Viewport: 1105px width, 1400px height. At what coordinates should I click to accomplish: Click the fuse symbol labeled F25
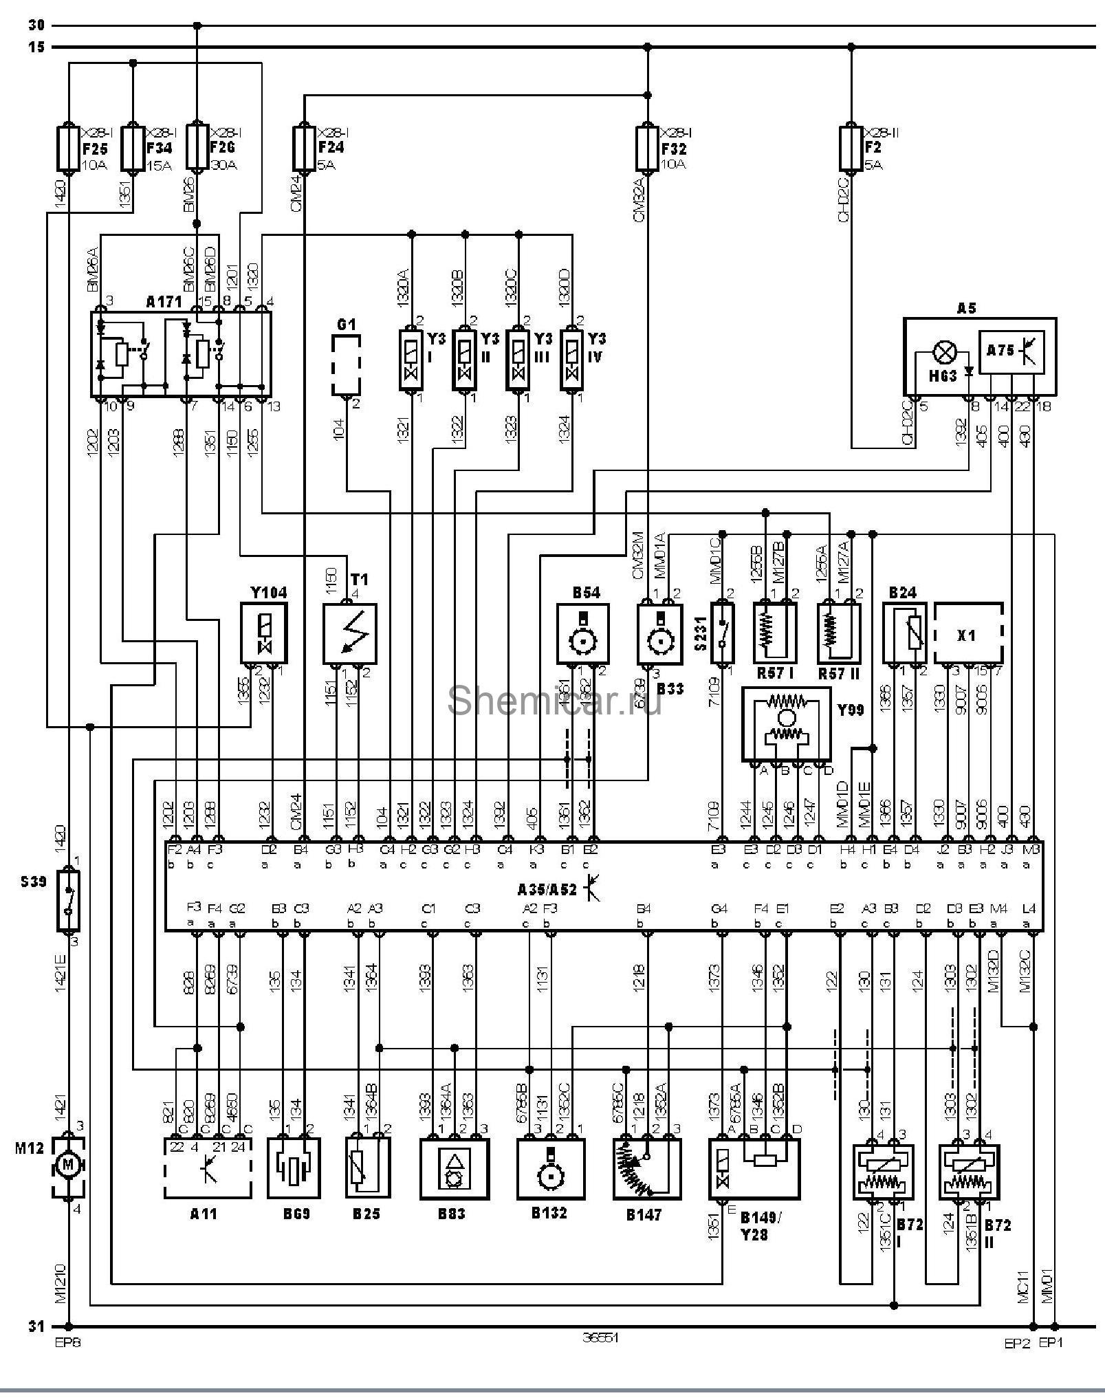click(x=69, y=147)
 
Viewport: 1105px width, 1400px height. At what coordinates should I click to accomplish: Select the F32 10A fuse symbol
click(x=646, y=147)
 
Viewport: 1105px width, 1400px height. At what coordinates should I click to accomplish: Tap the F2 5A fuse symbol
click(x=851, y=147)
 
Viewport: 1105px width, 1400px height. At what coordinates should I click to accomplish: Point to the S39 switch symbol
click(x=68, y=901)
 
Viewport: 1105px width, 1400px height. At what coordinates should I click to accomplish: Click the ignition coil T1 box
click(x=350, y=633)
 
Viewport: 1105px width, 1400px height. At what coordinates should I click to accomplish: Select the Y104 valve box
click(x=263, y=633)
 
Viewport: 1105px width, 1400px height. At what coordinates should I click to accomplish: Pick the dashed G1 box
click(x=346, y=366)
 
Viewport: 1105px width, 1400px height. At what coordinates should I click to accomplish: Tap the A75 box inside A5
click(x=1011, y=353)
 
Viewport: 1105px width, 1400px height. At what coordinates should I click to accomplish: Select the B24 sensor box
click(x=904, y=633)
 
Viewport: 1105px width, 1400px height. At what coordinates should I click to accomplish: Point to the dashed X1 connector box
click(x=967, y=633)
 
